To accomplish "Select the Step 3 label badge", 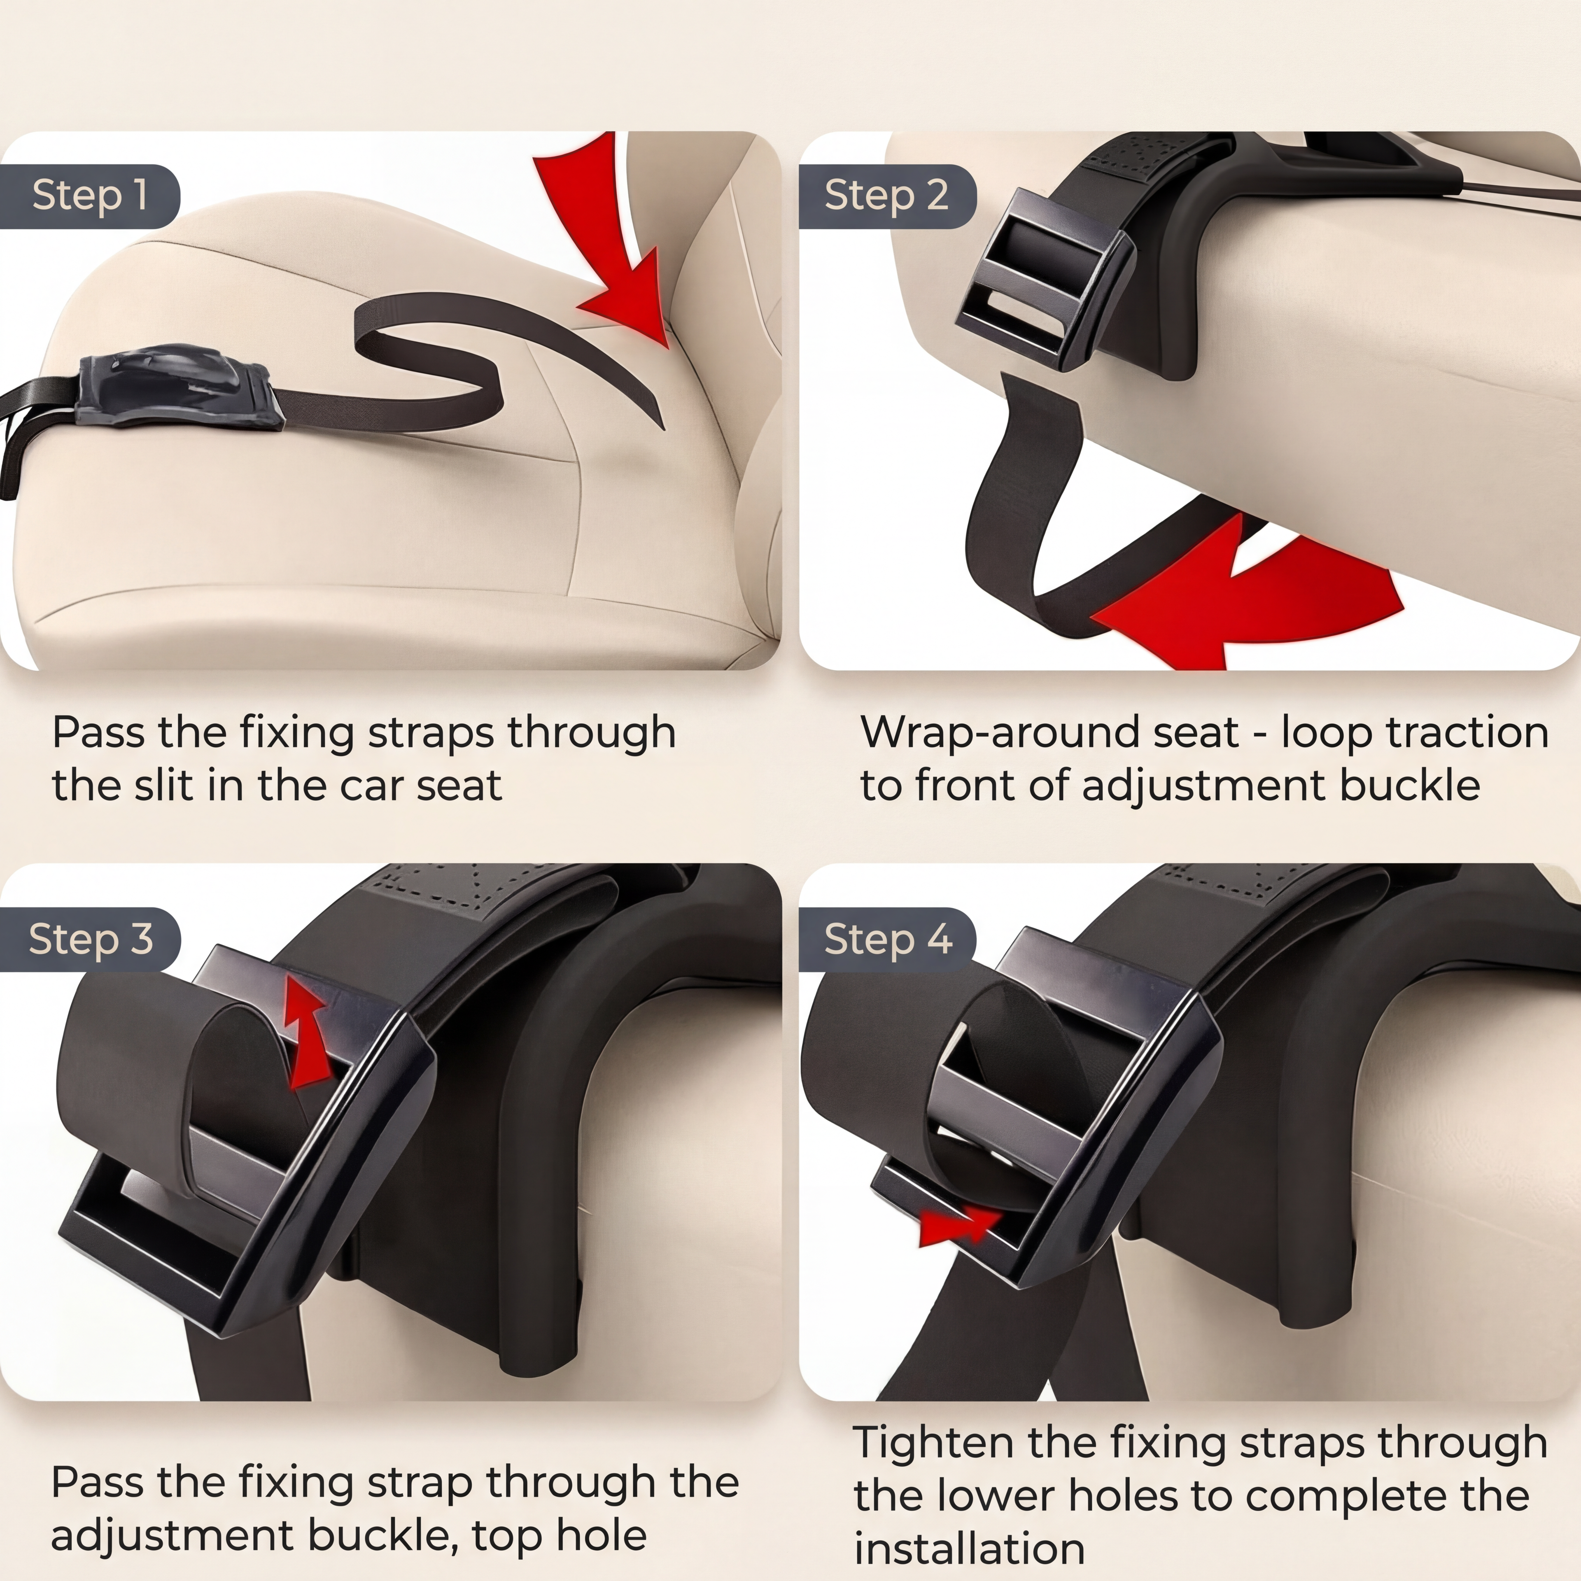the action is [x=89, y=940].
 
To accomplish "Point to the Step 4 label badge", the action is [x=887, y=940].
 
